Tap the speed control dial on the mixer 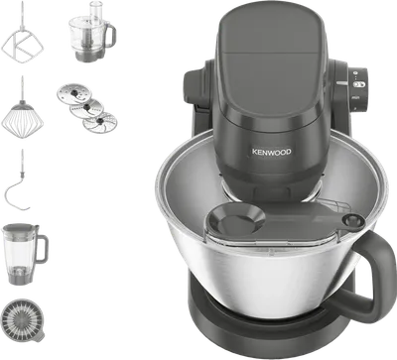pos(359,89)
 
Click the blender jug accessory pos(24,254)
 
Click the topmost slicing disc pos(74,92)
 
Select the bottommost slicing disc pos(99,123)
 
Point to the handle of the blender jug pos(42,249)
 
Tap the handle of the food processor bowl pos(109,35)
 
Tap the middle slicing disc pos(86,108)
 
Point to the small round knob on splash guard pos(352,219)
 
